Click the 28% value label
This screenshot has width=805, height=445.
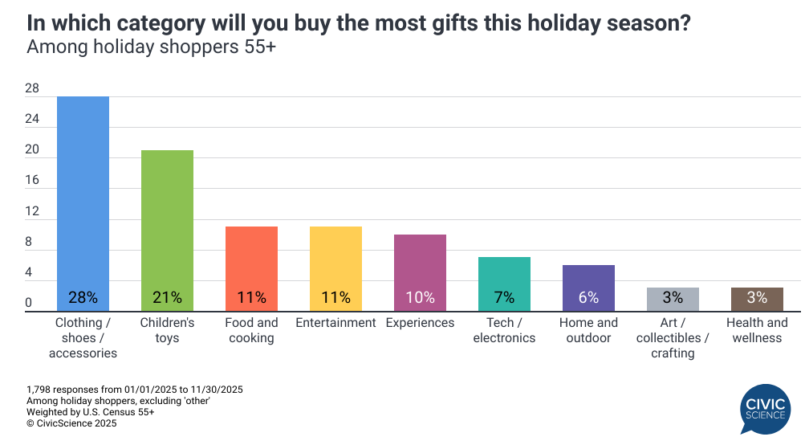(83, 297)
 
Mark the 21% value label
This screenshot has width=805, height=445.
(167, 297)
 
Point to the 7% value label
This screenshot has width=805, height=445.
(504, 297)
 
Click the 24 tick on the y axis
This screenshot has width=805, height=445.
(31, 119)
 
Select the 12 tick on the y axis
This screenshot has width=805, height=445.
(31, 211)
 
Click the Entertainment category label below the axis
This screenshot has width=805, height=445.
(335, 323)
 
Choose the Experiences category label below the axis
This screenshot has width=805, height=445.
(420, 323)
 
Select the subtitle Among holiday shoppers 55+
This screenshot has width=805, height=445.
(152, 47)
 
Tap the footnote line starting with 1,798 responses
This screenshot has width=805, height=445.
(135, 390)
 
